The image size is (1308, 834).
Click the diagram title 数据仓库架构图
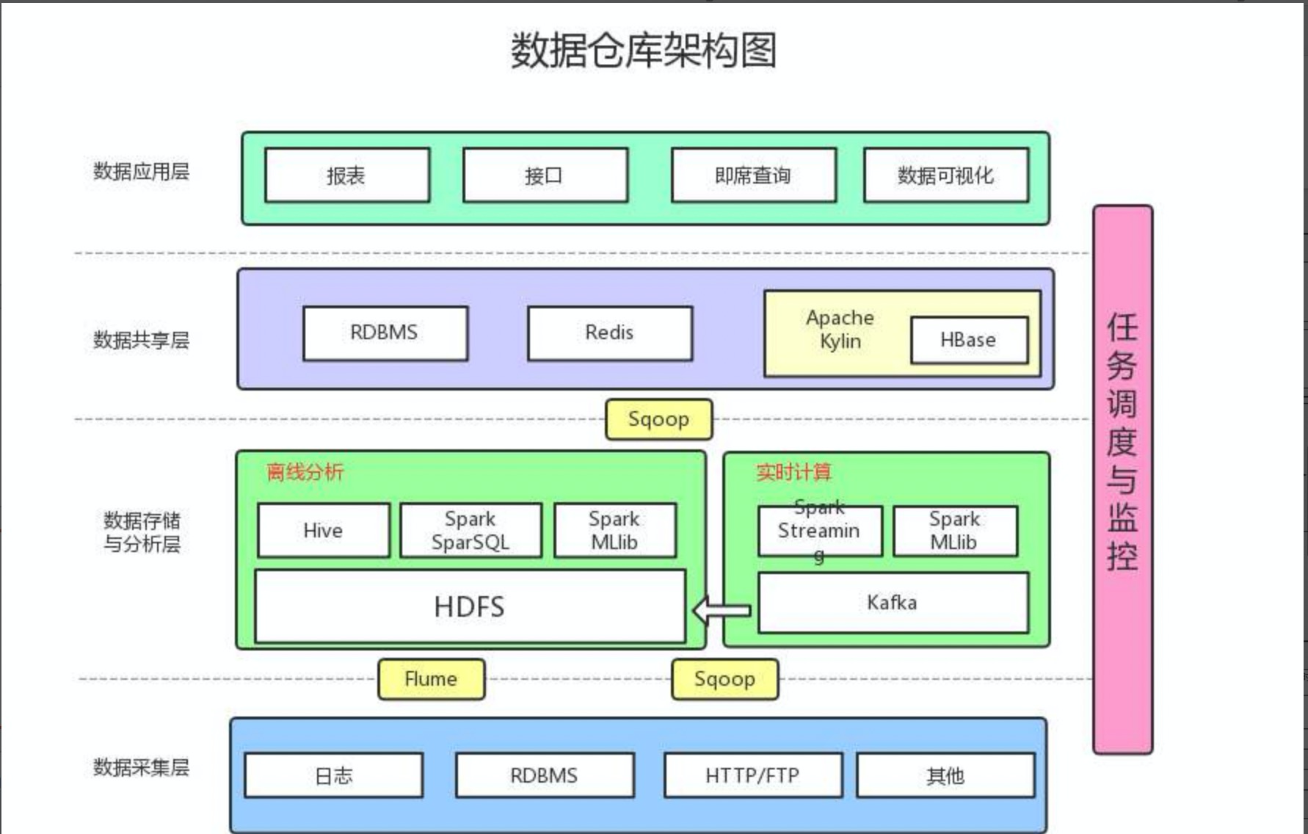click(643, 50)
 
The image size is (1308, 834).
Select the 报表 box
click(346, 175)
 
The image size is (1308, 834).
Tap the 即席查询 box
click(753, 175)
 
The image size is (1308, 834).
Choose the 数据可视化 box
click(945, 175)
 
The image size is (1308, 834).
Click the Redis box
click(609, 333)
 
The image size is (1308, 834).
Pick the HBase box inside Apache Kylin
click(968, 340)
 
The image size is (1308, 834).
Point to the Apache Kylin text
click(840, 330)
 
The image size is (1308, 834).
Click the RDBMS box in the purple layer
click(385, 333)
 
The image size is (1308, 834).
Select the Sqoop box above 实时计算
click(658, 419)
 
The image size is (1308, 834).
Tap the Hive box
click(323, 530)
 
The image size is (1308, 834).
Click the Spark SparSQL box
click(470, 530)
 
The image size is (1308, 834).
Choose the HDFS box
click(470, 606)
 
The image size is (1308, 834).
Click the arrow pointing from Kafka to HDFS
click(722, 610)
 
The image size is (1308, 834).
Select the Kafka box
click(893, 603)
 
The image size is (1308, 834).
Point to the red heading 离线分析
click(305, 471)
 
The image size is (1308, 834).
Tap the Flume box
click(431, 679)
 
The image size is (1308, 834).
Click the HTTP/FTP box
click(752, 775)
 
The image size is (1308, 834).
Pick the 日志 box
click(333, 775)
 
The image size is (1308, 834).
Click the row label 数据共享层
click(141, 340)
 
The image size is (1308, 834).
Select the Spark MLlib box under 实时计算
click(954, 530)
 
